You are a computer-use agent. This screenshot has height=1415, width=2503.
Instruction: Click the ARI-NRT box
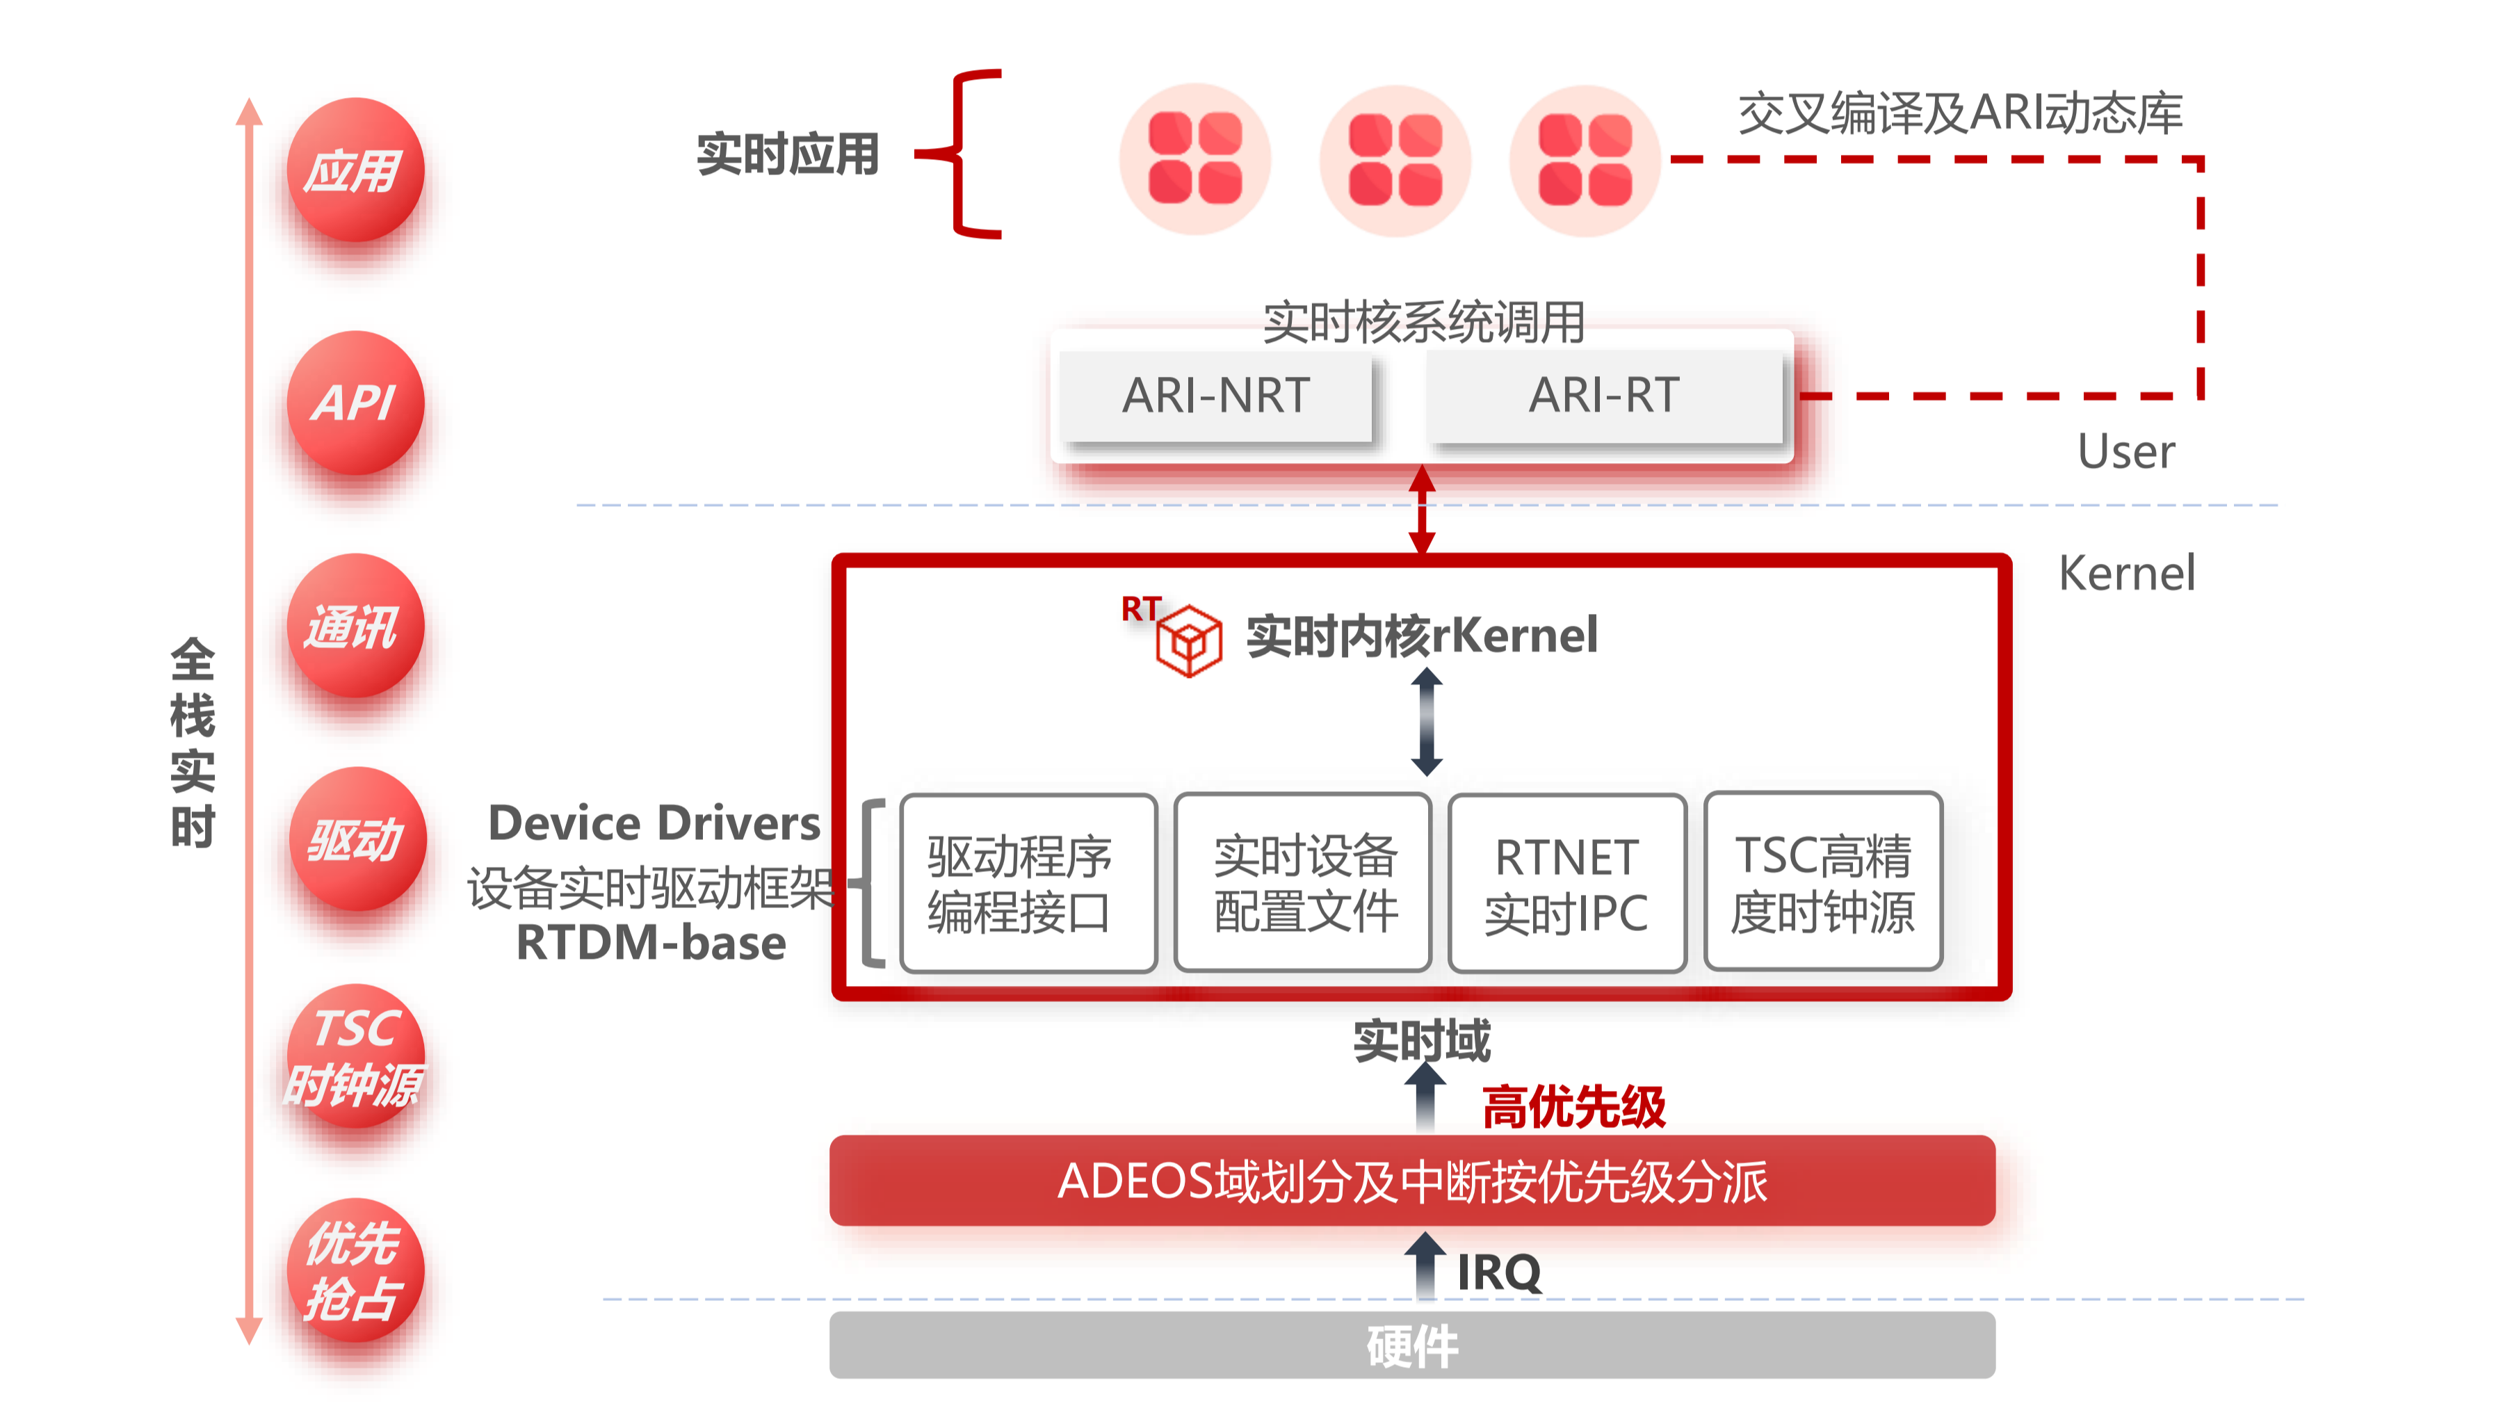click(1215, 396)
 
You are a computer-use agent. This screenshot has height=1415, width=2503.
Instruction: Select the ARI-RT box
click(1604, 396)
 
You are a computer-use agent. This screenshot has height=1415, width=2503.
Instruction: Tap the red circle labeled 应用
click(355, 170)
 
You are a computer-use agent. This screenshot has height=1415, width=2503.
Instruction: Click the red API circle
click(355, 403)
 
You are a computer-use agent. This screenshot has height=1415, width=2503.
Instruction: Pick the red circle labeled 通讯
click(355, 625)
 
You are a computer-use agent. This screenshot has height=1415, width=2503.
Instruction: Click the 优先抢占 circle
click(355, 1270)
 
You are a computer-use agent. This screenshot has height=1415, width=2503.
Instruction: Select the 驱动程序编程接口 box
click(1028, 882)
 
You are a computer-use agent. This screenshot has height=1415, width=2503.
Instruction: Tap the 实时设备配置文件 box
click(1302, 882)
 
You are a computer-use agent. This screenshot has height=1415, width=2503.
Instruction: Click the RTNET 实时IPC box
click(1566, 882)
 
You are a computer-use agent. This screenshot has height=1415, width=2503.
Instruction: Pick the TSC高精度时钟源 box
click(1823, 882)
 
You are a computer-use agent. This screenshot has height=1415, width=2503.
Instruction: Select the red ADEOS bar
click(1412, 1181)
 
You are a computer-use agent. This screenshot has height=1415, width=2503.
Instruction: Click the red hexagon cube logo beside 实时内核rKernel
click(1188, 641)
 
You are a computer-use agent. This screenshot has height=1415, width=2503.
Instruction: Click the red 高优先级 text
click(1574, 1107)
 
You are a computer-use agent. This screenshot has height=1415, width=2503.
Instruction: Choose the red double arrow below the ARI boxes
click(1423, 509)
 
